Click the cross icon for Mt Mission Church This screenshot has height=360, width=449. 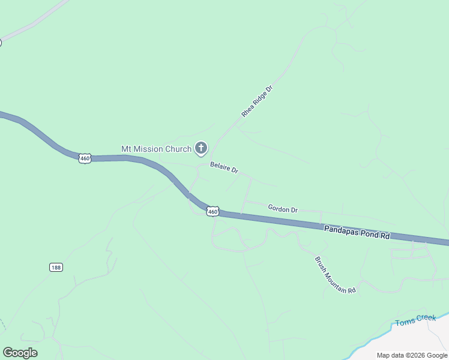pyautogui.click(x=201, y=148)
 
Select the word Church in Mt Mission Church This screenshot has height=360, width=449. pyautogui.click(x=179, y=149)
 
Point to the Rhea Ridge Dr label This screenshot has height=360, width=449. pyautogui.click(x=257, y=101)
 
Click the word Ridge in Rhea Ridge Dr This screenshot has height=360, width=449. pyautogui.click(x=258, y=100)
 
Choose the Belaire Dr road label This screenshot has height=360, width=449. pyautogui.click(x=224, y=167)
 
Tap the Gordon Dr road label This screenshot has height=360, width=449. pyautogui.click(x=283, y=209)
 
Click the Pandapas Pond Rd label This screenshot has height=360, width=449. pyautogui.click(x=357, y=232)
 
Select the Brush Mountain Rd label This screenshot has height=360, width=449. pyautogui.click(x=336, y=275)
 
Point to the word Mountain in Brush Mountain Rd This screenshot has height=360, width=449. pyautogui.click(x=337, y=276)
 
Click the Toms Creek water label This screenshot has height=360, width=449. pyautogui.click(x=415, y=320)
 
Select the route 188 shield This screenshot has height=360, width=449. pyautogui.click(x=56, y=267)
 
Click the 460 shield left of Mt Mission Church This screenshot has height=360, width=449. pyautogui.click(x=85, y=158)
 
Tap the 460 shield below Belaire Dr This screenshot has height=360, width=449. pyautogui.click(x=212, y=211)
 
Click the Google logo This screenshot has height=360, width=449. pyautogui.click(x=20, y=353)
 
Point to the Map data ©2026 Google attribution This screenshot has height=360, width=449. pyautogui.click(x=412, y=355)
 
